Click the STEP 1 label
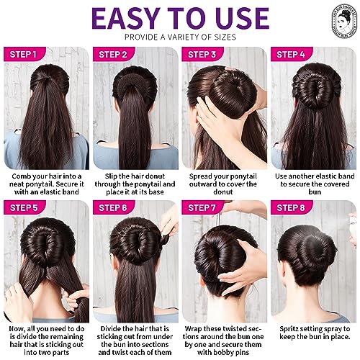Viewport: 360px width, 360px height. pyautogui.click(x=24, y=54)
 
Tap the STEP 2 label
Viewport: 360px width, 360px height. pyautogui.click(x=114, y=54)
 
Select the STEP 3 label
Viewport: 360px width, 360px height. pyautogui.click(x=203, y=54)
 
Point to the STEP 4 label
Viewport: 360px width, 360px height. pyautogui.click(x=292, y=54)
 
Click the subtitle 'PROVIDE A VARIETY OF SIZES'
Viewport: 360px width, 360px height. pyautogui.click(x=180, y=36)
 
